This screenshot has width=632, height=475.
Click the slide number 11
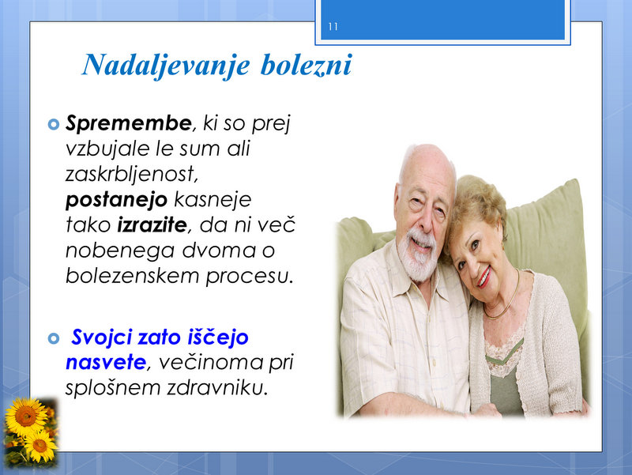click(333, 27)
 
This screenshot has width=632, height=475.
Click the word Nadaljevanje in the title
click(166, 66)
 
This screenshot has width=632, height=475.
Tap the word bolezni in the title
click(307, 65)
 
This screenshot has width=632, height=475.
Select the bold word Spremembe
click(129, 123)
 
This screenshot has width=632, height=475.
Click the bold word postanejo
click(116, 200)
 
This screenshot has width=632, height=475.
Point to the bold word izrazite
click(152, 225)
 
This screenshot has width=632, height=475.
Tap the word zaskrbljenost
click(132, 174)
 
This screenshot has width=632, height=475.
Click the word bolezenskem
click(132, 276)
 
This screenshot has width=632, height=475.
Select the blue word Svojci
click(102, 337)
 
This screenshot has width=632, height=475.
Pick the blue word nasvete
click(106, 363)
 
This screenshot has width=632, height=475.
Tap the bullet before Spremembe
click(54, 124)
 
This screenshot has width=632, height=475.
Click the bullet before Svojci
click(54, 338)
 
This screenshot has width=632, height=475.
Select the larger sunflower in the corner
click(25, 417)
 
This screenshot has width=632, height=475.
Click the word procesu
click(250, 277)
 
